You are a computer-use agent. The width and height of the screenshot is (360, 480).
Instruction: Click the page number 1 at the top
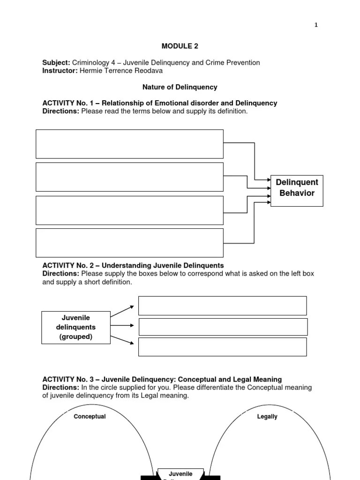click(x=316, y=25)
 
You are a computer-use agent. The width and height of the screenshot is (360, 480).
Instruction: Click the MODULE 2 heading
click(x=176, y=46)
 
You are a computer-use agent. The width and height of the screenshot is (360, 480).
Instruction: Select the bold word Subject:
click(x=56, y=62)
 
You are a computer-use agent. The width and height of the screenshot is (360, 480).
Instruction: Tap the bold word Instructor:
click(x=60, y=71)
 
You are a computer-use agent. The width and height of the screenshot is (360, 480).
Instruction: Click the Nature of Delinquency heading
click(x=180, y=87)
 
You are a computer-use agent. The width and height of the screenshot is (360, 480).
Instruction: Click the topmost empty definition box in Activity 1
click(x=129, y=144)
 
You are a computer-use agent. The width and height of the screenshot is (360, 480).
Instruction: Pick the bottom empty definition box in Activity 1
click(x=129, y=243)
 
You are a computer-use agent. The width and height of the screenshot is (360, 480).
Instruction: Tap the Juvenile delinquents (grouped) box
click(x=76, y=327)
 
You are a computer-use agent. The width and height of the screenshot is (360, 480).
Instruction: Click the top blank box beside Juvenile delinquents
click(x=223, y=306)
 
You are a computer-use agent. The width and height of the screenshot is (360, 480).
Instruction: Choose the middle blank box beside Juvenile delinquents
click(x=223, y=327)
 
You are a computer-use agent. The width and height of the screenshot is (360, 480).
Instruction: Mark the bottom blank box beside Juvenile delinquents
click(x=223, y=347)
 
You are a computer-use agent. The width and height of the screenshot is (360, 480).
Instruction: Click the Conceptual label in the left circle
click(x=90, y=417)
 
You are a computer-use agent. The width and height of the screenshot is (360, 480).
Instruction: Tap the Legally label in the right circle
click(x=267, y=417)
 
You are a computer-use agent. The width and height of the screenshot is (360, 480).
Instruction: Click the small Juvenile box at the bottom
click(x=180, y=474)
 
